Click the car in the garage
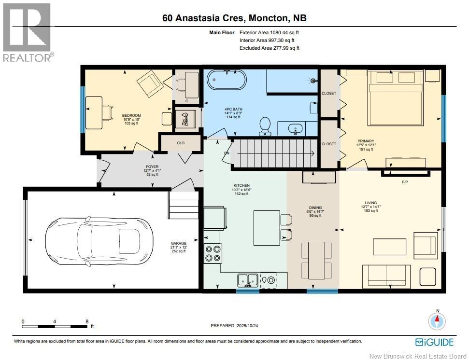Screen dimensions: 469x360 99,242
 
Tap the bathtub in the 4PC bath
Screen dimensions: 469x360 227,80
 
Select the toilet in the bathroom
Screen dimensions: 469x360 265,126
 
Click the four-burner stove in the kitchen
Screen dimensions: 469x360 213,253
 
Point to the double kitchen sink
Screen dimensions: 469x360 248,280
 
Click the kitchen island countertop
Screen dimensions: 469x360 267,228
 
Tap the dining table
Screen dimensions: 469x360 316,260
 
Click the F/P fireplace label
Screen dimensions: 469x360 405,182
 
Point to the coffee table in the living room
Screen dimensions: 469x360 389,247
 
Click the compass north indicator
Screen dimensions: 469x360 437,320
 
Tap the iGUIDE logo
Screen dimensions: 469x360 434,342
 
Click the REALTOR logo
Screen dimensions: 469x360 27,32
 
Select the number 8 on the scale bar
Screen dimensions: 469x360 87,321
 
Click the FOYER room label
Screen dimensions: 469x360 152,166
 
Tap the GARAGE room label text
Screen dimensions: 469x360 179,244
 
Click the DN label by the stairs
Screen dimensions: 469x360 227,153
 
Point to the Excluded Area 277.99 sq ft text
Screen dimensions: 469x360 269,48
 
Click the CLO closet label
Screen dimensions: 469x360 181,143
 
